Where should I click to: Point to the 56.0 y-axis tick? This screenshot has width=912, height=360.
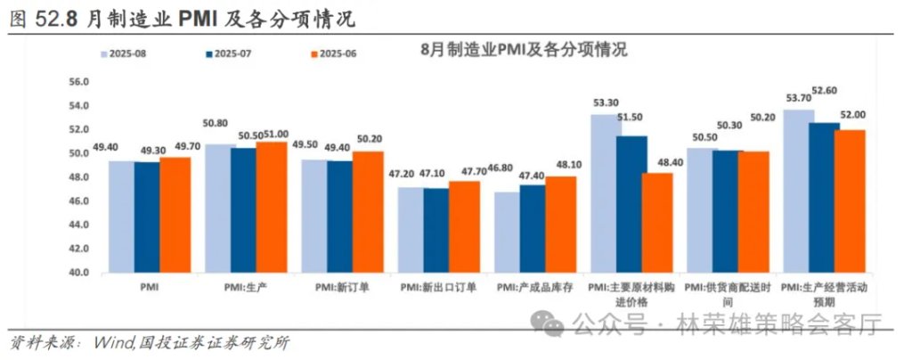(79, 82)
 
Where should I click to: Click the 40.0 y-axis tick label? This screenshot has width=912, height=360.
(79, 273)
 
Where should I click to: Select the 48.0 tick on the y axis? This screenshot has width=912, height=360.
(79, 177)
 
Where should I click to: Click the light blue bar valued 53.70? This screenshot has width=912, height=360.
(798, 191)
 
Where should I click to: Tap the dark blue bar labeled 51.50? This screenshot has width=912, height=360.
(631, 204)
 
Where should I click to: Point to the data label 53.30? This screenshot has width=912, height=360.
(607, 103)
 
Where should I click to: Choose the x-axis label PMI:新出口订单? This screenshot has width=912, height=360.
(437, 288)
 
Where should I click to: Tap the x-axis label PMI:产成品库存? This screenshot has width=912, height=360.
(533, 288)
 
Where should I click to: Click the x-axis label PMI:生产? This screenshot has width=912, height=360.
(245, 288)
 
